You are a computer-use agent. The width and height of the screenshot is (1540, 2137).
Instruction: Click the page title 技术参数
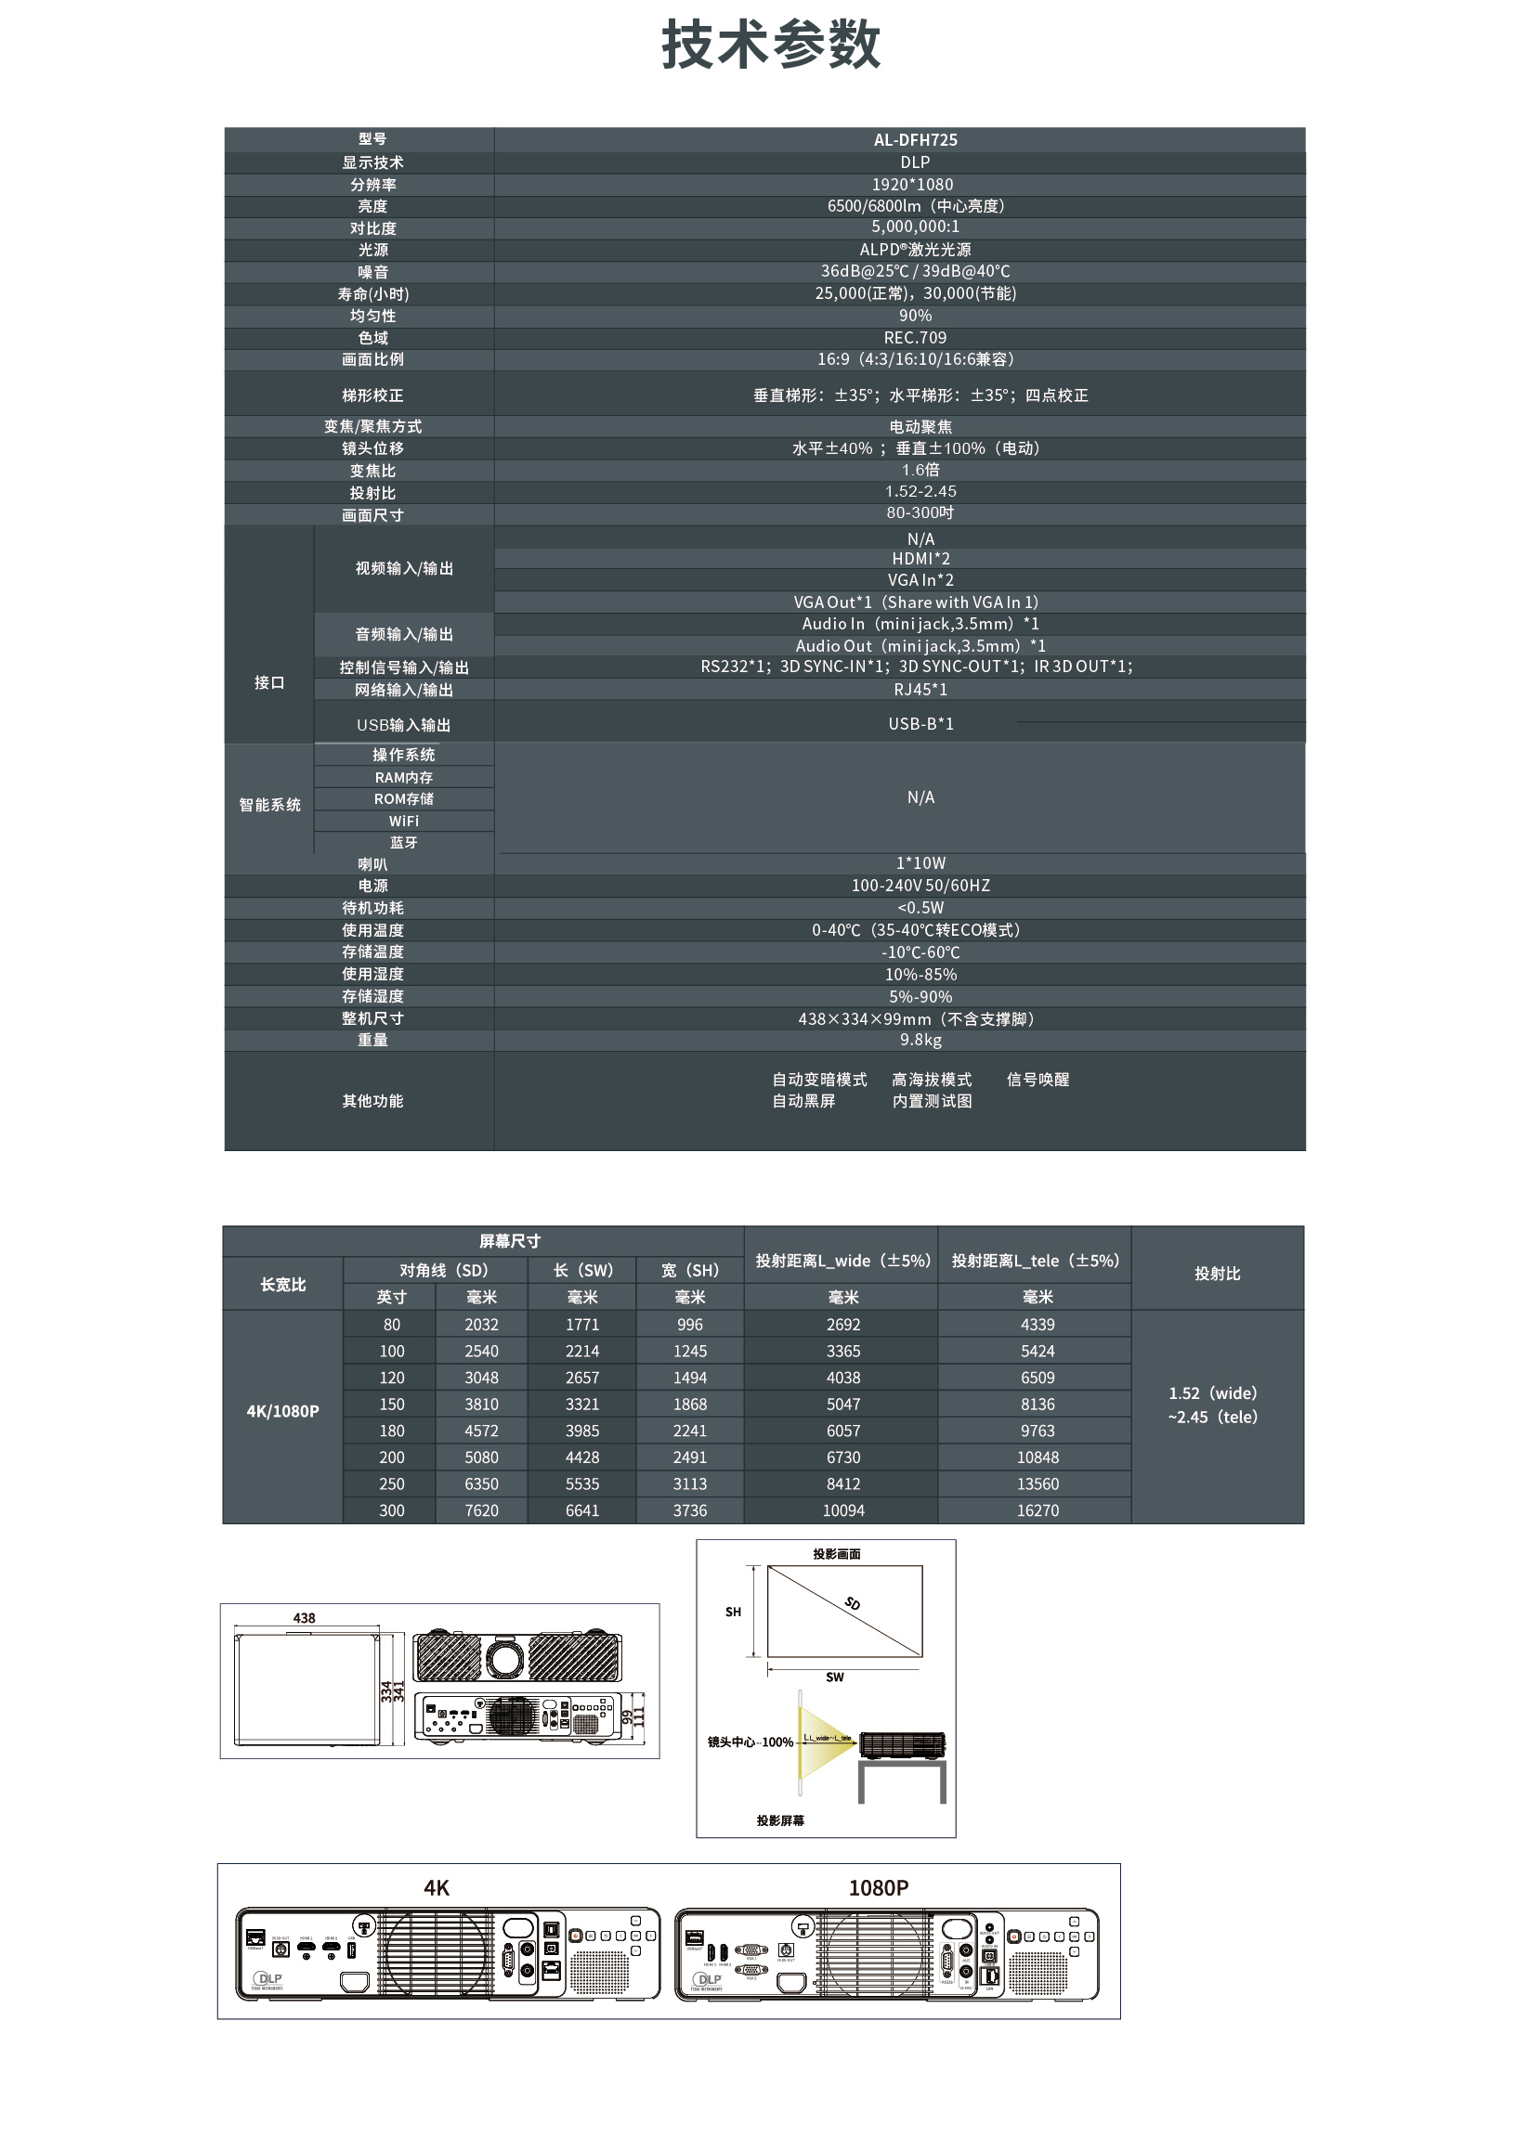(770, 45)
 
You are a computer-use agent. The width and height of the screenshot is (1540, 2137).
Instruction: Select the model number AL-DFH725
(914, 140)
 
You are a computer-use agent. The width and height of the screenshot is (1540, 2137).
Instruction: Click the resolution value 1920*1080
(911, 185)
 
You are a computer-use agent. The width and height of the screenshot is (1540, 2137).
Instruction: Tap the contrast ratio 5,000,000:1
(914, 227)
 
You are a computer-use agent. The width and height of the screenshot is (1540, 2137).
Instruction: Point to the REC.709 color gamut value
(914, 337)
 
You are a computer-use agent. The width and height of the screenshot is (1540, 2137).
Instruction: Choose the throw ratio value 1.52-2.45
(920, 491)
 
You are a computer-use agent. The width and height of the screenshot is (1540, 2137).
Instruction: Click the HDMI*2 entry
(920, 559)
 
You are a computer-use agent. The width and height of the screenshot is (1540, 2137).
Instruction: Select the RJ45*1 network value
(920, 690)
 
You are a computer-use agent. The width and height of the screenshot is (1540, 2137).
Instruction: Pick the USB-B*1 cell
(920, 724)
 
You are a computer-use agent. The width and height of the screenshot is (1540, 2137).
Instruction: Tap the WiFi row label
(403, 821)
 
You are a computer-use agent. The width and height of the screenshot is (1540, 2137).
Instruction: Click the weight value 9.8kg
(920, 1041)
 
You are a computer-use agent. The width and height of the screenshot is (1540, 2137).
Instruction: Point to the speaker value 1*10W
(920, 863)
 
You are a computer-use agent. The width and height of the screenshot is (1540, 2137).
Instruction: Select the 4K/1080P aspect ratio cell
(282, 1410)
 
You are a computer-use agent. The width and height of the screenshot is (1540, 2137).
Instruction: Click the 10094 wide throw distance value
(842, 1510)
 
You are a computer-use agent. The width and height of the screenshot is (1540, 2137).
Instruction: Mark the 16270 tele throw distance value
(1037, 1510)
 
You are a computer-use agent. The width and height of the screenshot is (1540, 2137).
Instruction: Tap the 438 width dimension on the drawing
(304, 1618)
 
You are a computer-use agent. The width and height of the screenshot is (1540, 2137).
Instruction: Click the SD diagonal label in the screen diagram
(852, 1604)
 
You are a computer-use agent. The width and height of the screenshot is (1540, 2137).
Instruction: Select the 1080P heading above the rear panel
(878, 1887)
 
